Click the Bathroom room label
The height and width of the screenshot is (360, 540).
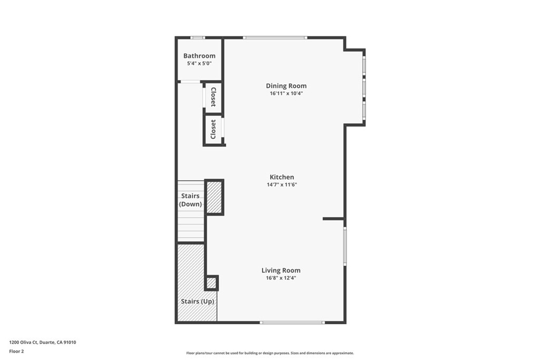199,56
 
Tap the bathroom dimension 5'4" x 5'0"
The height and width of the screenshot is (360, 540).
199,63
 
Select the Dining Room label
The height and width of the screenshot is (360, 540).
286,86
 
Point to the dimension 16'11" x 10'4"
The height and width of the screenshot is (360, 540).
286,93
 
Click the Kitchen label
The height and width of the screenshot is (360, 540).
282,177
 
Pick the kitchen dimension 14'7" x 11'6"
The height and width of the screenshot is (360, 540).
282,184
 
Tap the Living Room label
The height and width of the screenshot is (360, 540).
281,270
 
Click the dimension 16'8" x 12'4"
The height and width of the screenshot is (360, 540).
281,278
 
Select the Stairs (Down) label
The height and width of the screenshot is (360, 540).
190,200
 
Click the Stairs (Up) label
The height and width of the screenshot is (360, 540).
198,301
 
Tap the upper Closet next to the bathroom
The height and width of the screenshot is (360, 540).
213,98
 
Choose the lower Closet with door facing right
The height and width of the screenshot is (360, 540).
213,129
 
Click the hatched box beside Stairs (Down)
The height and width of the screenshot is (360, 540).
214,197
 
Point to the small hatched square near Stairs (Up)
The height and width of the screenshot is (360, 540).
211,283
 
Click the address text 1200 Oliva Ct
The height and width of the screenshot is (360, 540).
43,342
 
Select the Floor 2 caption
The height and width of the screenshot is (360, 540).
17,351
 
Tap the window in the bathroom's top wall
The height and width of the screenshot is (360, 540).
198,37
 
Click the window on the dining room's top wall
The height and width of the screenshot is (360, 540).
275,37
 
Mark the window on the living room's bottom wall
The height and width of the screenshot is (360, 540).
292,322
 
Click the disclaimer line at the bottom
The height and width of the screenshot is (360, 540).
269,353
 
